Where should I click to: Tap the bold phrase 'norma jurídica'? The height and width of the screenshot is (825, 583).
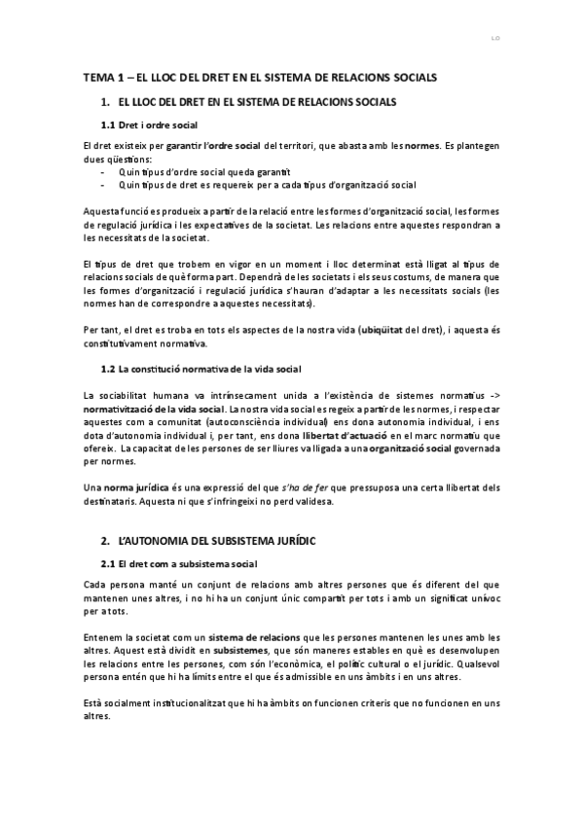tap(135, 485)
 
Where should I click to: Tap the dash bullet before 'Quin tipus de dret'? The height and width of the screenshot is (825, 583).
tap(103, 183)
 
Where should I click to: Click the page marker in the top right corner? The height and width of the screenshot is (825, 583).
tap(494, 40)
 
